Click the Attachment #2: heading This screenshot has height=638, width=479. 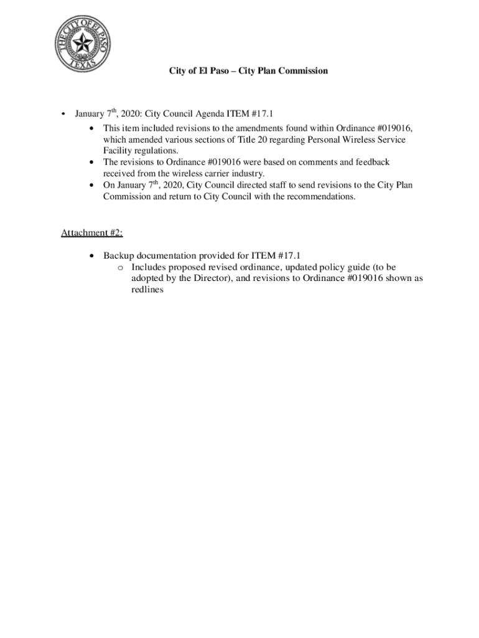click(x=91, y=233)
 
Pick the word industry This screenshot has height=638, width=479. click(x=248, y=173)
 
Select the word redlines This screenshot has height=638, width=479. click(x=147, y=290)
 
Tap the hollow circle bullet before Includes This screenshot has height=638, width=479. click(x=121, y=267)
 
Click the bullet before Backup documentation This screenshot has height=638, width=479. click(x=92, y=255)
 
